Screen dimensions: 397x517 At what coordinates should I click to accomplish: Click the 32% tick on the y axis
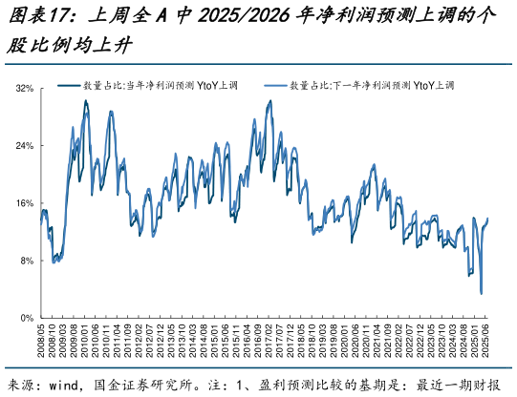tap(24, 89)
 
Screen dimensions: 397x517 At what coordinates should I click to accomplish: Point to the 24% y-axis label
tap(24, 146)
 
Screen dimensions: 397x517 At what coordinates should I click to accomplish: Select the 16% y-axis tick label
tap(24, 203)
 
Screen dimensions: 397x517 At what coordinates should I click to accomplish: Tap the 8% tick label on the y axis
tap(26, 261)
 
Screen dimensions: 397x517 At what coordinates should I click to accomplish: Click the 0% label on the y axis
tap(26, 318)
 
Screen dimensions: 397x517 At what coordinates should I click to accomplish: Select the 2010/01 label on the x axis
tap(86, 341)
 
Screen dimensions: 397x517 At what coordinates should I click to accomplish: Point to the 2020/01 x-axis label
tap(356, 341)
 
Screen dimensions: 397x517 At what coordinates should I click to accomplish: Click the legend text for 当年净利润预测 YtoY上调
tap(158, 85)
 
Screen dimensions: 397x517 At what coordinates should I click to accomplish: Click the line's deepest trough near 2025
tap(481, 293)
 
